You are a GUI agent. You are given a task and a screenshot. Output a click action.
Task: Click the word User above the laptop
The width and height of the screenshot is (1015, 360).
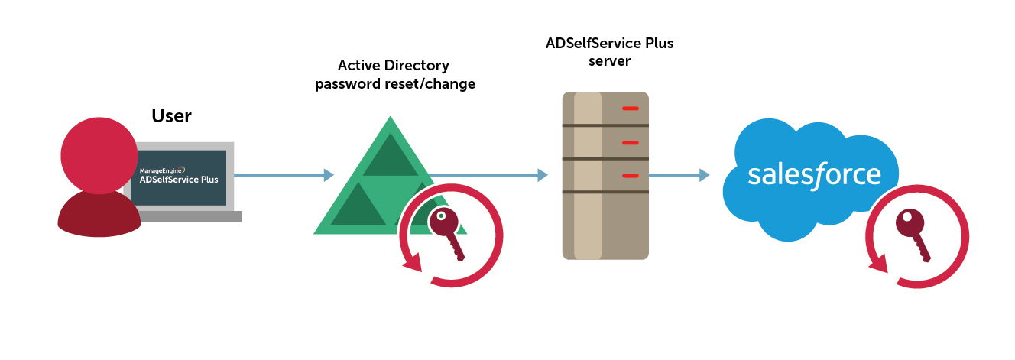(x=171, y=116)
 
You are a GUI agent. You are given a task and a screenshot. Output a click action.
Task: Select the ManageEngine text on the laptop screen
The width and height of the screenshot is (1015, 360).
(x=161, y=170)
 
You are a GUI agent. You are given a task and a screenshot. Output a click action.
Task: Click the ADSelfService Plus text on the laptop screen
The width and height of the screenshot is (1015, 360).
(x=178, y=181)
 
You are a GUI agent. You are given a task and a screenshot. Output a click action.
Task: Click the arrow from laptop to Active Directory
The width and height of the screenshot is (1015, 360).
(x=284, y=175)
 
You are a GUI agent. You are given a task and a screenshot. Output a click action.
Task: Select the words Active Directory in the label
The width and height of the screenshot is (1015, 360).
(x=394, y=66)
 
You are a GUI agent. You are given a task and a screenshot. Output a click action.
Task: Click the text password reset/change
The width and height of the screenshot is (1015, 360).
(x=395, y=84)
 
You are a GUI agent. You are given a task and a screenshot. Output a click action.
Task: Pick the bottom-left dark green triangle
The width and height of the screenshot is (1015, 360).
(x=357, y=206)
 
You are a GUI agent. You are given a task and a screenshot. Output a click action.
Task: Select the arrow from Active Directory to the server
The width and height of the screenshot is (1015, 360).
(x=489, y=176)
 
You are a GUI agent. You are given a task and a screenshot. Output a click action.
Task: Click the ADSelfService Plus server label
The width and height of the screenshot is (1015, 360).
(x=609, y=52)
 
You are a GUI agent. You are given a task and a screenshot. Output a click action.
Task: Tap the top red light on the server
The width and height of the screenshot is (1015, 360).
(x=631, y=109)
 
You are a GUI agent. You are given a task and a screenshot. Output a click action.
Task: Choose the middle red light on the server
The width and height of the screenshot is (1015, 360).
(x=631, y=142)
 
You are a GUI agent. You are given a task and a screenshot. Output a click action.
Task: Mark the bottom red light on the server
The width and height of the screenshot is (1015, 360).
(x=631, y=176)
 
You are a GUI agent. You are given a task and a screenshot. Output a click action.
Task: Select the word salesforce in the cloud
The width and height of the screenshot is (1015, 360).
(x=814, y=175)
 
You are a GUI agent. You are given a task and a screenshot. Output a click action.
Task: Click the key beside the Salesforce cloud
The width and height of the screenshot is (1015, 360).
(x=914, y=234)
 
